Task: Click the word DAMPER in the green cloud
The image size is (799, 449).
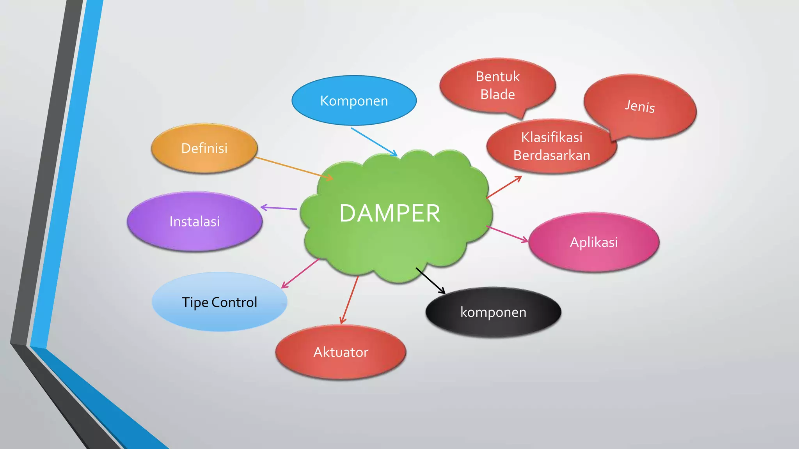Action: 390,214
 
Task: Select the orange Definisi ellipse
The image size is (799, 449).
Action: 204,148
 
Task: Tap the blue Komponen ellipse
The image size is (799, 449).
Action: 354,101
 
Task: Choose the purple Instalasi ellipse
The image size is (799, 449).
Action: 194,222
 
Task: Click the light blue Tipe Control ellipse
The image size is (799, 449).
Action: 219,302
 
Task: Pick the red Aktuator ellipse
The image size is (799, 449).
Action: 341,352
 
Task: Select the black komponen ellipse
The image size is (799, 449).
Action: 493,313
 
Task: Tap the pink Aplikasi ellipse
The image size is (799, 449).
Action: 593,242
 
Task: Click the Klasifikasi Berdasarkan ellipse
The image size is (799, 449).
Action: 551,147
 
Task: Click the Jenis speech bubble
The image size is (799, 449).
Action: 640,106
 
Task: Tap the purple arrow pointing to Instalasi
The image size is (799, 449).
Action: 279,208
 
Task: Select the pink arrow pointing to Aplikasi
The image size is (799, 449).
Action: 507,234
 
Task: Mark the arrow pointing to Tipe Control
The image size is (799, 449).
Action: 300,274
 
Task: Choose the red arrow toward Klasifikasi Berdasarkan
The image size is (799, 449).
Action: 504,187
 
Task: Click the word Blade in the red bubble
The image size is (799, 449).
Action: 497,95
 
